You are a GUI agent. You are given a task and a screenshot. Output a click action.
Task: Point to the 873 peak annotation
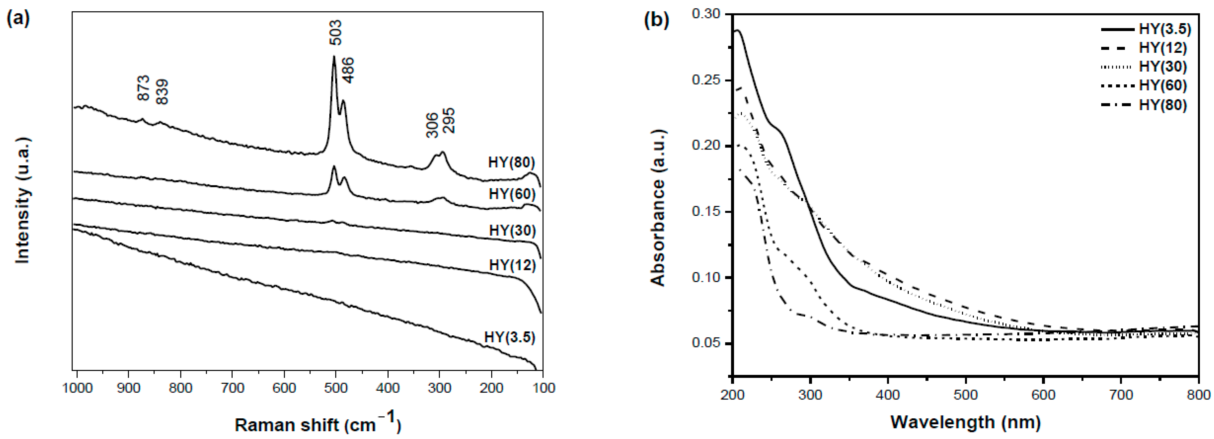point(143,88)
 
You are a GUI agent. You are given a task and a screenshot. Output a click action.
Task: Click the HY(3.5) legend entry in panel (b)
point(1164,29)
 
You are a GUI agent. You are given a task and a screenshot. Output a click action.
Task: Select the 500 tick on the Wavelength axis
point(966,394)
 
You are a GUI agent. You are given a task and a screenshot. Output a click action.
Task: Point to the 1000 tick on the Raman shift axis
point(77,388)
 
